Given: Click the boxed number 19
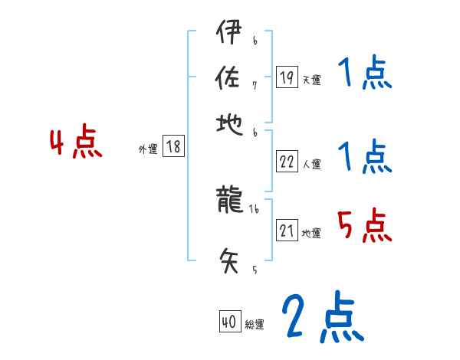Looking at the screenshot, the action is (x=287, y=77).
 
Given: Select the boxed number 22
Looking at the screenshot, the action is (x=287, y=162).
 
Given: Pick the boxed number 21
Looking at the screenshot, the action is (x=287, y=231).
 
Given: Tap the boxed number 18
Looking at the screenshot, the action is (x=174, y=147).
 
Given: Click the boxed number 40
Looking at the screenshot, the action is (x=228, y=322).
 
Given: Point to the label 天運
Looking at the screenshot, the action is (x=312, y=80).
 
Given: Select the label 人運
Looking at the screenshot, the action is (x=312, y=164).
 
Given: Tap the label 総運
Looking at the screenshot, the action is (x=255, y=325).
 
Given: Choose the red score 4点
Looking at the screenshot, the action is (x=76, y=144).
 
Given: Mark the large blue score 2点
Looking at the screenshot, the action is (x=322, y=317).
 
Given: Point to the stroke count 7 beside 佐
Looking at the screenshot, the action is (x=255, y=84).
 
